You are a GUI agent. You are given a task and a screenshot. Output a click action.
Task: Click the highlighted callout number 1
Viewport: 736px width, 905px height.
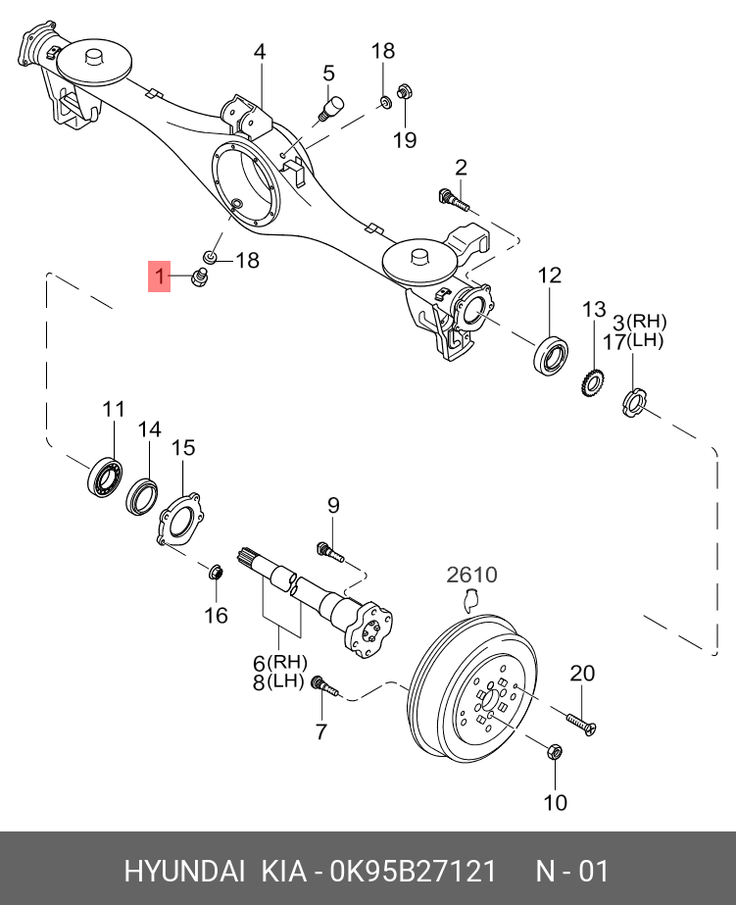coord(159,277)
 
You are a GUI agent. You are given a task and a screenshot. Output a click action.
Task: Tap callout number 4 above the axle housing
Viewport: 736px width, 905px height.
coord(260,51)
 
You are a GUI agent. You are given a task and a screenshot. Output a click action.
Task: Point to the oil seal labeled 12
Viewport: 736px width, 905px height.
coord(552,354)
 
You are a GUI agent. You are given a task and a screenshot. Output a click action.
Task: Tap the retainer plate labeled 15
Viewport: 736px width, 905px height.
coord(178,519)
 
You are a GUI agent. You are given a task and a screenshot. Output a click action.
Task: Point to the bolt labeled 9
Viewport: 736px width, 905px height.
coord(329,551)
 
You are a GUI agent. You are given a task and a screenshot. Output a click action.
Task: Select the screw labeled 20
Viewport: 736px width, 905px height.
coord(578,721)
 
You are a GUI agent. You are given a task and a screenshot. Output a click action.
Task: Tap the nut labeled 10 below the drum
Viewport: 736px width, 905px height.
coord(552,753)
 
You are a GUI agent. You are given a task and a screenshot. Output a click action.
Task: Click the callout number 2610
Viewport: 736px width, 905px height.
coord(472,575)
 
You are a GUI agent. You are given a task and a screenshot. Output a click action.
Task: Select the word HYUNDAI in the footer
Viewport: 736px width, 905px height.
coord(184,871)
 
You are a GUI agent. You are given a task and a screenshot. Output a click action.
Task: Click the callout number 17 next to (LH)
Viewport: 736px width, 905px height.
coord(614,341)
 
